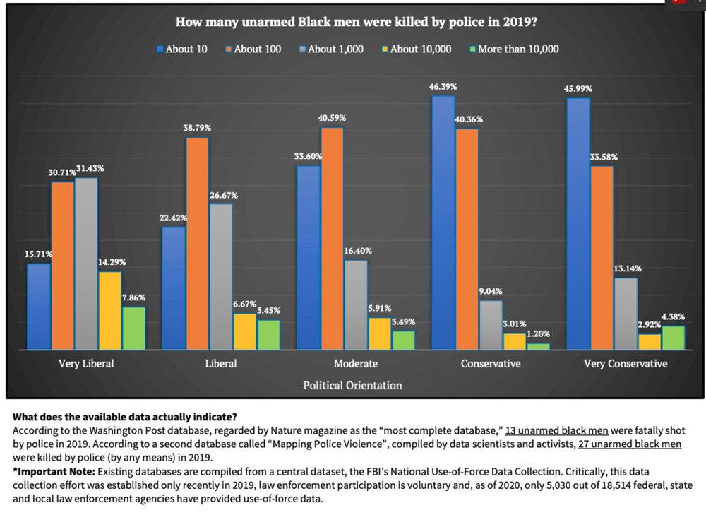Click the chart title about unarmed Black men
(357, 22)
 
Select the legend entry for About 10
(182, 49)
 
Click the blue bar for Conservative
(443, 222)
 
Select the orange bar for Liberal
(197, 243)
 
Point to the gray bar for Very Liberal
(85, 263)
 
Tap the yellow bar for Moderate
(378, 333)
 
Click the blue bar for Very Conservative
(578, 223)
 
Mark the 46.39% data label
(443, 86)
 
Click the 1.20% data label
(538, 333)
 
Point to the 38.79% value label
(197, 128)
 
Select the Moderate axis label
(355, 364)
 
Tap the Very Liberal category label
(85, 364)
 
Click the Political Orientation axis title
(352, 386)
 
